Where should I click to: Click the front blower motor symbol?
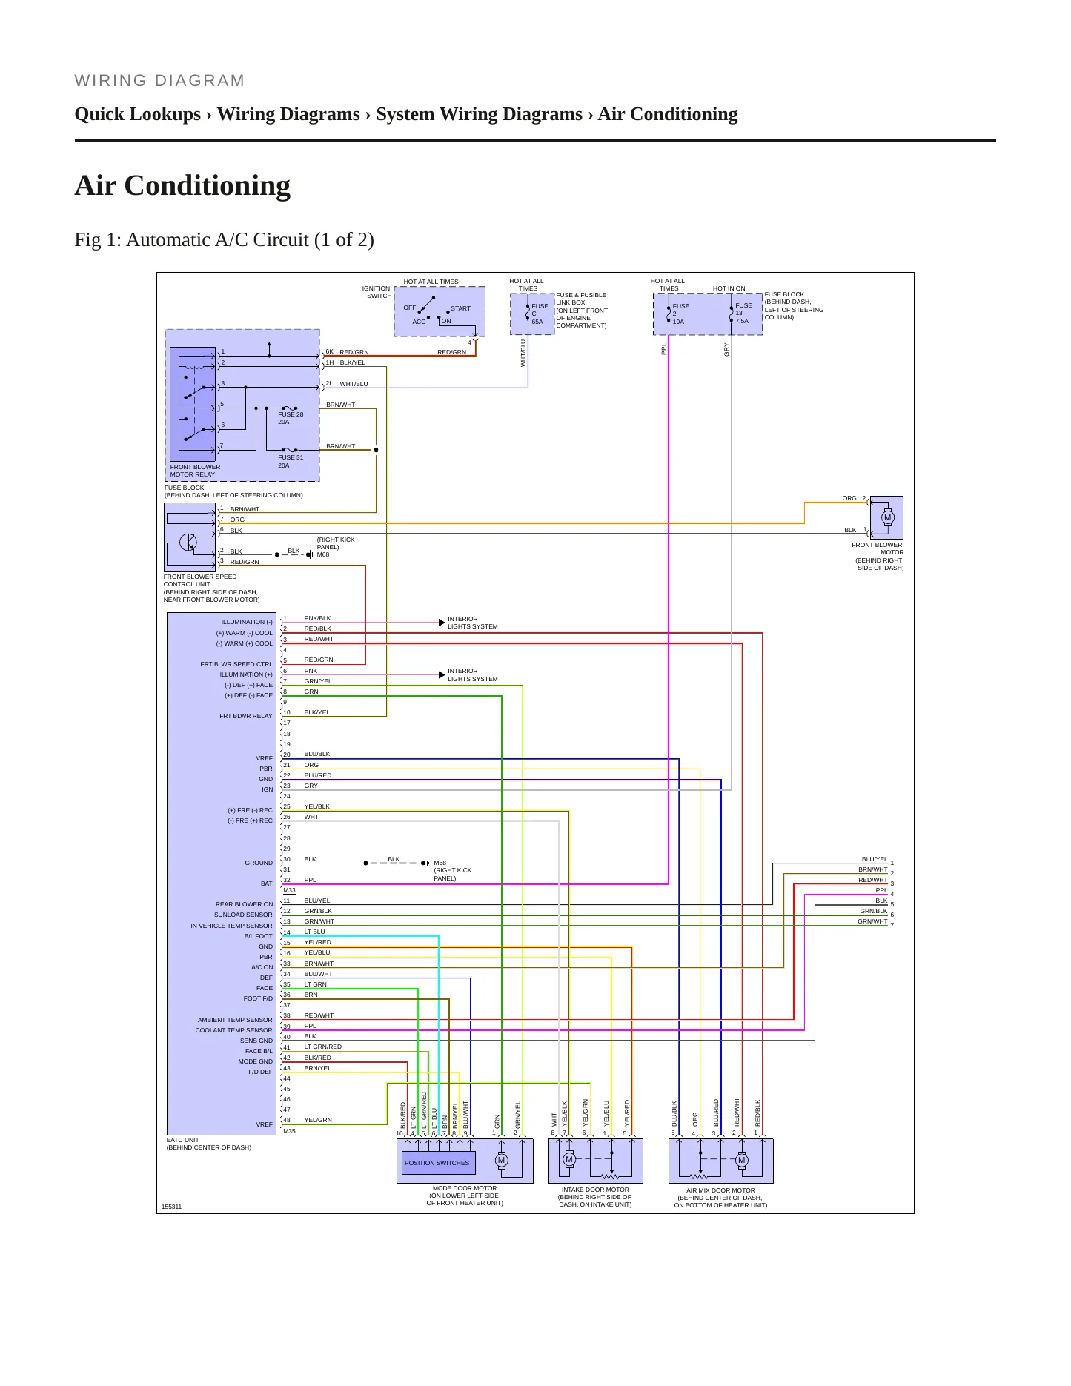coord(887,517)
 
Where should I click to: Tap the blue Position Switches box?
coord(437,1162)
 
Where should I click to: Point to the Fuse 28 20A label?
coord(291,418)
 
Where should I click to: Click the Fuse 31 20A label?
coord(291,461)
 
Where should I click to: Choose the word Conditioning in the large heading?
coord(208,185)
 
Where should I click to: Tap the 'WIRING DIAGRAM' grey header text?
coord(159,81)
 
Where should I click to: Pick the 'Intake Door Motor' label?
coord(595,1189)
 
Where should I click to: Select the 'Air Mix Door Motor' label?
coord(720,1190)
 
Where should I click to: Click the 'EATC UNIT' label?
coord(182,1140)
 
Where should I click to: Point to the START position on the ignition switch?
coord(460,308)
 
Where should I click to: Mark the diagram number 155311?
coord(171,1207)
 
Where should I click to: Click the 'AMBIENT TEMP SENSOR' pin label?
coord(235,1020)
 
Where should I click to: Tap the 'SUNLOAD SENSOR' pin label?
coord(243,915)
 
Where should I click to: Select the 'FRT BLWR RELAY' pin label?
coord(245,716)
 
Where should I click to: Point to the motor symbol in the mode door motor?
coord(501,1161)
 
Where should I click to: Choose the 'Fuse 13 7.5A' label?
coord(743,313)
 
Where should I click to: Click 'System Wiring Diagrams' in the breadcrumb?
coord(479,114)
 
